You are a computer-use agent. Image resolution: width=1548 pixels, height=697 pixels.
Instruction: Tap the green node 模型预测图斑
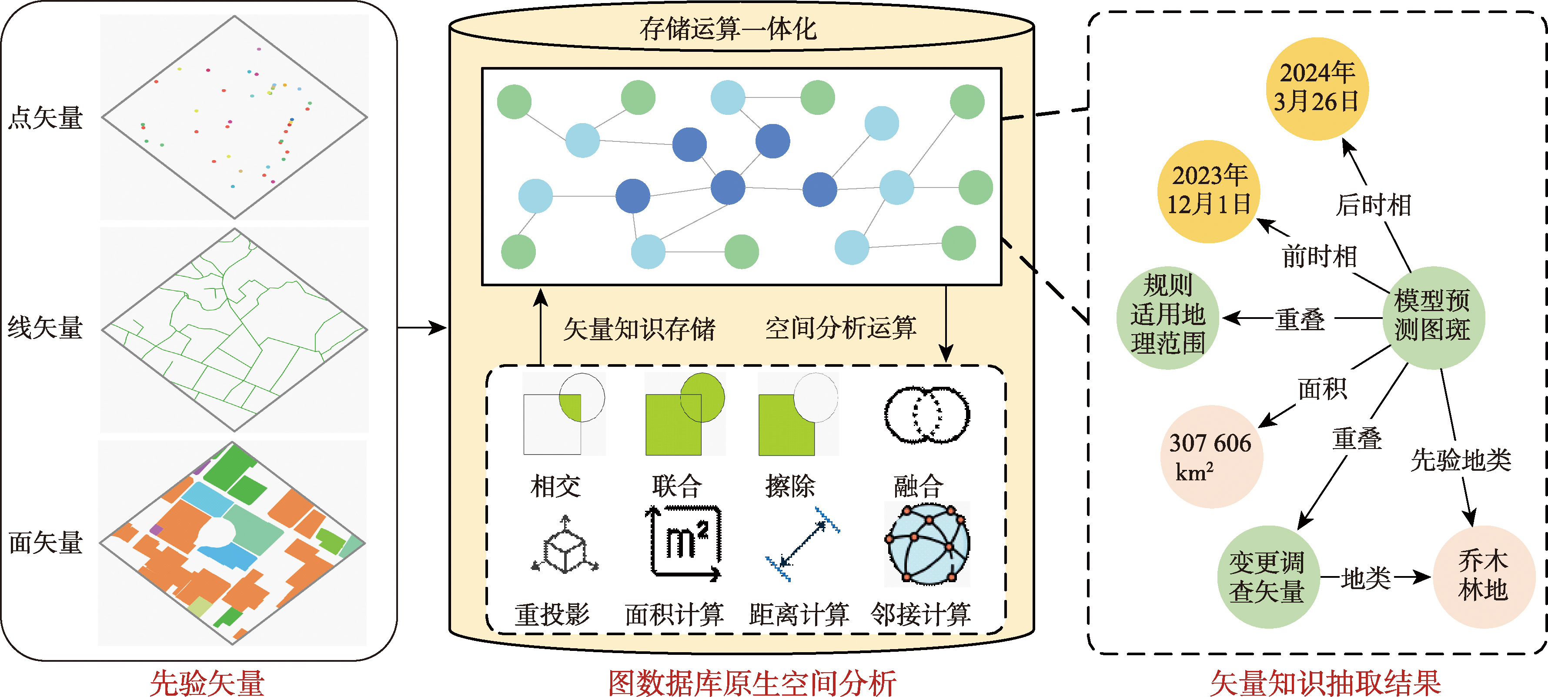(x=1433, y=317)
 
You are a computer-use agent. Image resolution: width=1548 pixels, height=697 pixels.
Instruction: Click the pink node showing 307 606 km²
(x=1211, y=457)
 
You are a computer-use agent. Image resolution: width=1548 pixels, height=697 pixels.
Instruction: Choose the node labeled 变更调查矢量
(x=1268, y=577)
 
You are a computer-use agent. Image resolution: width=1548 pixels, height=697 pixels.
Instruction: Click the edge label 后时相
(x=1373, y=205)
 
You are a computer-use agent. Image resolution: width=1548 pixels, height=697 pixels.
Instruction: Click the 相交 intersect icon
(x=564, y=413)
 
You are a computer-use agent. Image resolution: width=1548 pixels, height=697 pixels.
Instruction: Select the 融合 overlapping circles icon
(x=926, y=415)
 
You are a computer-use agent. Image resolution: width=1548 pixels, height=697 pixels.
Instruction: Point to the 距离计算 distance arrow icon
(x=802, y=544)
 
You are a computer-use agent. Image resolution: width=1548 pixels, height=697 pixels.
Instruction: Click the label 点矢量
(x=46, y=118)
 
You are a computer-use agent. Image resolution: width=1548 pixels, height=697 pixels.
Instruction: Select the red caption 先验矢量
(x=207, y=683)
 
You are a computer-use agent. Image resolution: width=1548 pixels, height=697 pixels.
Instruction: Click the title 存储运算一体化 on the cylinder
(x=728, y=29)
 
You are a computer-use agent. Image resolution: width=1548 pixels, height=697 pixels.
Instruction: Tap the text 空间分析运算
(x=840, y=328)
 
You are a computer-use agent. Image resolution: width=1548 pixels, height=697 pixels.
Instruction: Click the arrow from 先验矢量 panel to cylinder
(x=422, y=328)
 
